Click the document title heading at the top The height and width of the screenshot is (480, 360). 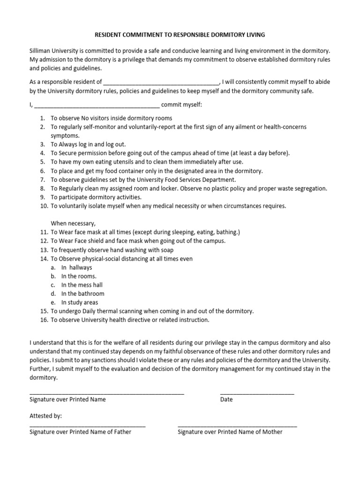coord(180,35)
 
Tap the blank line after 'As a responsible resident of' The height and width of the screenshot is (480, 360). coord(161,83)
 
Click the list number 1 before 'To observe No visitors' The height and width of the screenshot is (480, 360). coord(42,118)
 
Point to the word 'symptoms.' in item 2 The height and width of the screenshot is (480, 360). coord(65,135)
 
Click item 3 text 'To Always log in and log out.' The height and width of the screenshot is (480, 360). coord(88,144)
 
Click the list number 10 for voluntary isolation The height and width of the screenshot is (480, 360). coord(41,206)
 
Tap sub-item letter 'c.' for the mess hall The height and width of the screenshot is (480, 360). coord(53,285)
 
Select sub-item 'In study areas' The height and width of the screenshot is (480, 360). coord(80,302)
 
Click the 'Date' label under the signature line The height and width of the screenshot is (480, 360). coord(226,400)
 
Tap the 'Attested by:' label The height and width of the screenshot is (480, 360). coord(45,416)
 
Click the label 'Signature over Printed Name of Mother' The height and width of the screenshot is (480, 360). coord(230,432)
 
